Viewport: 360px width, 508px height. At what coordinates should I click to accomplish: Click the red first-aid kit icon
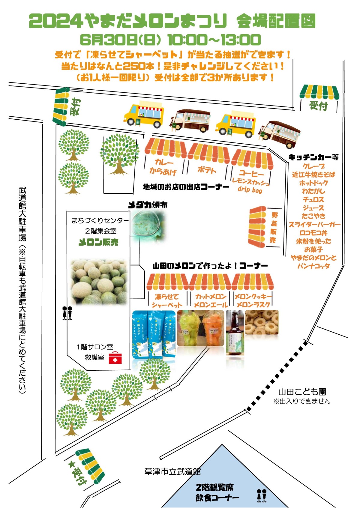pyautogui.click(x=115, y=358)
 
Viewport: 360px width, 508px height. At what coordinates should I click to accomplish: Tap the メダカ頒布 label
pyautogui.click(x=148, y=205)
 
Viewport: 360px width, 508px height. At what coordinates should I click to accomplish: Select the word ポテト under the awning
pyautogui.click(x=207, y=170)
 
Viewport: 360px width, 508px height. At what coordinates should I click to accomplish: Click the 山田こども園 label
pyautogui.click(x=302, y=392)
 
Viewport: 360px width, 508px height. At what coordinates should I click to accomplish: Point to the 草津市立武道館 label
pyautogui.click(x=172, y=472)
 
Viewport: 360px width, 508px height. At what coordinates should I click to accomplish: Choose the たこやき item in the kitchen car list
pyautogui.click(x=313, y=216)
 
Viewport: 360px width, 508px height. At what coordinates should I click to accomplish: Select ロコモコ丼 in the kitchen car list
pyautogui.click(x=313, y=233)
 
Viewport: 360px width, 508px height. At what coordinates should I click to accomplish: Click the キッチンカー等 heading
pyautogui.click(x=313, y=157)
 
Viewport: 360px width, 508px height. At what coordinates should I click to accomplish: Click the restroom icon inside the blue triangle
pyautogui.click(x=262, y=495)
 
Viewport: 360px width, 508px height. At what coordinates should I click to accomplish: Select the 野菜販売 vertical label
pyautogui.click(x=274, y=227)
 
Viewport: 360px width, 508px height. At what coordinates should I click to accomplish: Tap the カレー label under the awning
pyautogui.click(x=164, y=162)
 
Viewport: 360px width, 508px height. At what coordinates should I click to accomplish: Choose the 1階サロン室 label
pyautogui.click(x=95, y=347)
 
